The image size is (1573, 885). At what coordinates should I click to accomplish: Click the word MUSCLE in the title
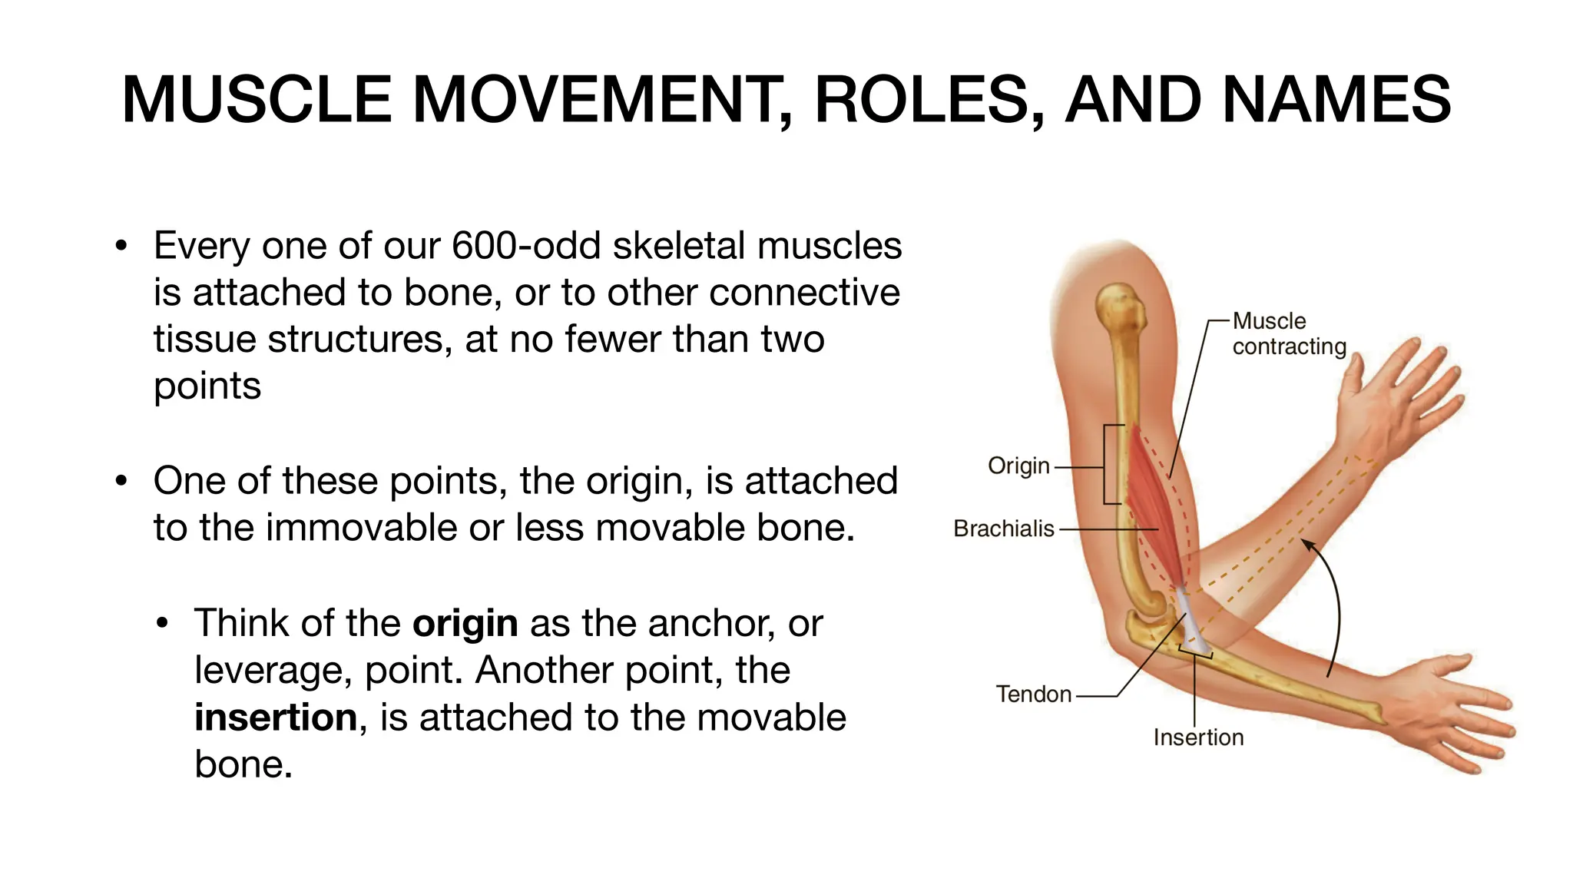pyautogui.click(x=257, y=100)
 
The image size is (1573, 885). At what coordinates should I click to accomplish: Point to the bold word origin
pyautogui.click(x=465, y=623)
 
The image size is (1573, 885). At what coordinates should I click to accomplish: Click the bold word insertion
pyautogui.click(x=276, y=718)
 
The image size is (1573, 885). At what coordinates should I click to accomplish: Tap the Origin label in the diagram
pyautogui.click(x=1018, y=466)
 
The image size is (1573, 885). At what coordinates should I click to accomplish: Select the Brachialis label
pyautogui.click(x=1004, y=529)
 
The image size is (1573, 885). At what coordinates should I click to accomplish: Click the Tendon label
pyautogui.click(x=1033, y=694)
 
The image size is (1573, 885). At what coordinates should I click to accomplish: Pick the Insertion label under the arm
pyautogui.click(x=1198, y=737)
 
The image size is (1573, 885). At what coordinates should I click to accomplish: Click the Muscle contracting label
pyautogui.click(x=1288, y=334)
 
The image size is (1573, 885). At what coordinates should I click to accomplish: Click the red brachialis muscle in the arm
pyautogui.click(x=1156, y=507)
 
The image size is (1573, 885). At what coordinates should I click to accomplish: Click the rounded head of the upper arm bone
pyautogui.click(x=1121, y=307)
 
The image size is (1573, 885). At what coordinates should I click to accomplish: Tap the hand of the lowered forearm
pyautogui.click(x=1452, y=714)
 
